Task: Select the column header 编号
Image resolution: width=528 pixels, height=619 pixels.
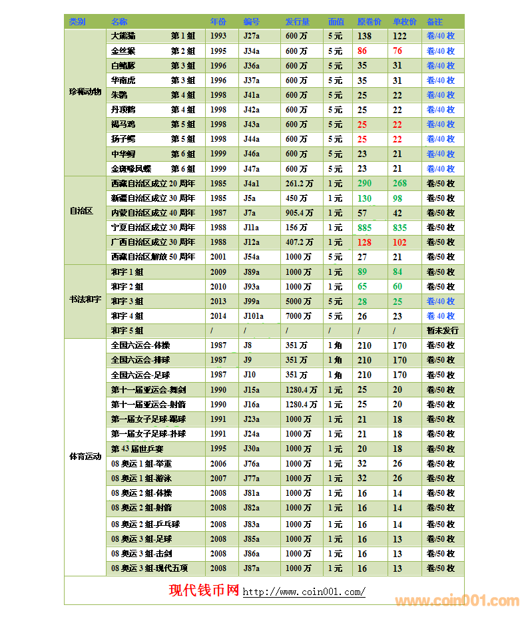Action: point(251,21)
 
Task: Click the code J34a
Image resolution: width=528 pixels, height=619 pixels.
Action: point(252,51)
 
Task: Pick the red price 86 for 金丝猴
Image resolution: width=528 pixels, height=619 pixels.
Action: point(362,51)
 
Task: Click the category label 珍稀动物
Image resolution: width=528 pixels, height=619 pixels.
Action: point(85,92)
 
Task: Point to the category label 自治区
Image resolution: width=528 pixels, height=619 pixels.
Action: point(81,211)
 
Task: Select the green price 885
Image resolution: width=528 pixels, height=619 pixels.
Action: point(364,228)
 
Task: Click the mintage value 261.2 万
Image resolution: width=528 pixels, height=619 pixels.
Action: point(299,184)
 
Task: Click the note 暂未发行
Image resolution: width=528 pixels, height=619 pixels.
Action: point(442,331)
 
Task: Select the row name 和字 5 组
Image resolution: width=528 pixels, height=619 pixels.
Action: point(127,331)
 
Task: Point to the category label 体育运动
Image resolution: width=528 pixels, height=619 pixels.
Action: point(85,457)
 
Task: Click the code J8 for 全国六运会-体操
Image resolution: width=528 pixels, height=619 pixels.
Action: point(248,345)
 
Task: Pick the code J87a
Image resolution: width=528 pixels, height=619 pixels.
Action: point(252,568)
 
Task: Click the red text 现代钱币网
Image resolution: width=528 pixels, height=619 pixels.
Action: point(204,590)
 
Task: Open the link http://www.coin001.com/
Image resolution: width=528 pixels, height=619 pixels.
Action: point(304,592)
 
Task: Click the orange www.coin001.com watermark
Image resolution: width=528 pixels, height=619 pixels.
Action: point(456,600)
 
